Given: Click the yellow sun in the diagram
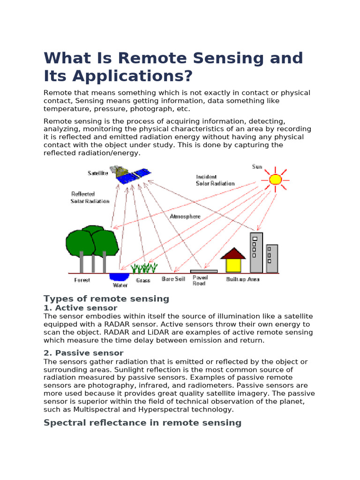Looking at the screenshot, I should click(275, 179).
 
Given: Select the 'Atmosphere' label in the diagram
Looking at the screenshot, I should click(185, 217).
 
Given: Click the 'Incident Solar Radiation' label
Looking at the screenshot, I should click(215, 180).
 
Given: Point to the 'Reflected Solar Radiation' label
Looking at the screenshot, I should click(90, 197).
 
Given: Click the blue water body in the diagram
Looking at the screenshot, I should click(119, 277).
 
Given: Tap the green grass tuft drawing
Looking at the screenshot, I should click(144, 268).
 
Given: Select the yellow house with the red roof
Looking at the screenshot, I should click(233, 261).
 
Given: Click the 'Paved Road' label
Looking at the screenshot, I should click(200, 280).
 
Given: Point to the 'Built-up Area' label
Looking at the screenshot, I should click(242, 279).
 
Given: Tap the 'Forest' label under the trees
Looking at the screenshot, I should click(82, 280).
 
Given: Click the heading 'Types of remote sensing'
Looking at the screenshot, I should click(106, 299).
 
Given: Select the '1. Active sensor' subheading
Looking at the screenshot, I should click(80, 308).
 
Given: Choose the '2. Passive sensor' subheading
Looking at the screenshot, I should click(83, 353).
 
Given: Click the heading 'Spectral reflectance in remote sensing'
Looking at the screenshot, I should click(142, 423).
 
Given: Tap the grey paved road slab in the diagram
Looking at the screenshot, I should click(204, 271).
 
